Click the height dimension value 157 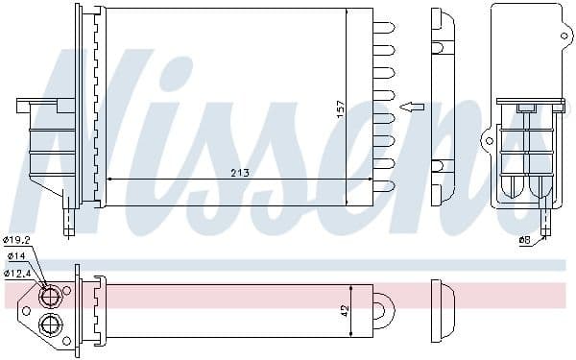pos(339,110)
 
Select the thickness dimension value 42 pos(344,310)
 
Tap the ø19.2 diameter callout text pos(16,240)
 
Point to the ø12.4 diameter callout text pos(16,274)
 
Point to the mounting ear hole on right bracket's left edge pos(488,142)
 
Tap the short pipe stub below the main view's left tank pos(69,223)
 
